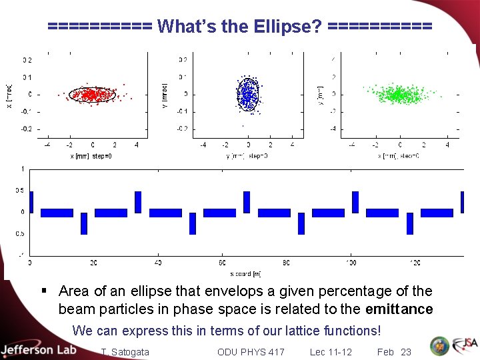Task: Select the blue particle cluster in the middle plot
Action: click(x=248, y=94)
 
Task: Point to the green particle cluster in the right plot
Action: click(x=399, y=95)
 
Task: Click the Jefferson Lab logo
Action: click(x=39, y=350)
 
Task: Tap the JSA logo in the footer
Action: click(x=465, y=346)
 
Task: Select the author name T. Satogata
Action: click(x=125, y=352)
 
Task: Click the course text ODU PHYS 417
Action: click(x=251, y=352)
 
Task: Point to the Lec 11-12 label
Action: click(x=331, y=352)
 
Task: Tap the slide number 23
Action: click(x=405, y=352)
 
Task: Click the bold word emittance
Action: click(x=399, y=309)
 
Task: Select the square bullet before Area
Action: click(x=44, y=291)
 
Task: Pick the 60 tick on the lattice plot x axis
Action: click(x=222, y=263)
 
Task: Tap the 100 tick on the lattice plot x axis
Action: click(x=351, y=263)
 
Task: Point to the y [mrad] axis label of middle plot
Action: click(x=165, y=94)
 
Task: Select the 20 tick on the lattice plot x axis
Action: click(x=93, y=263)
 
